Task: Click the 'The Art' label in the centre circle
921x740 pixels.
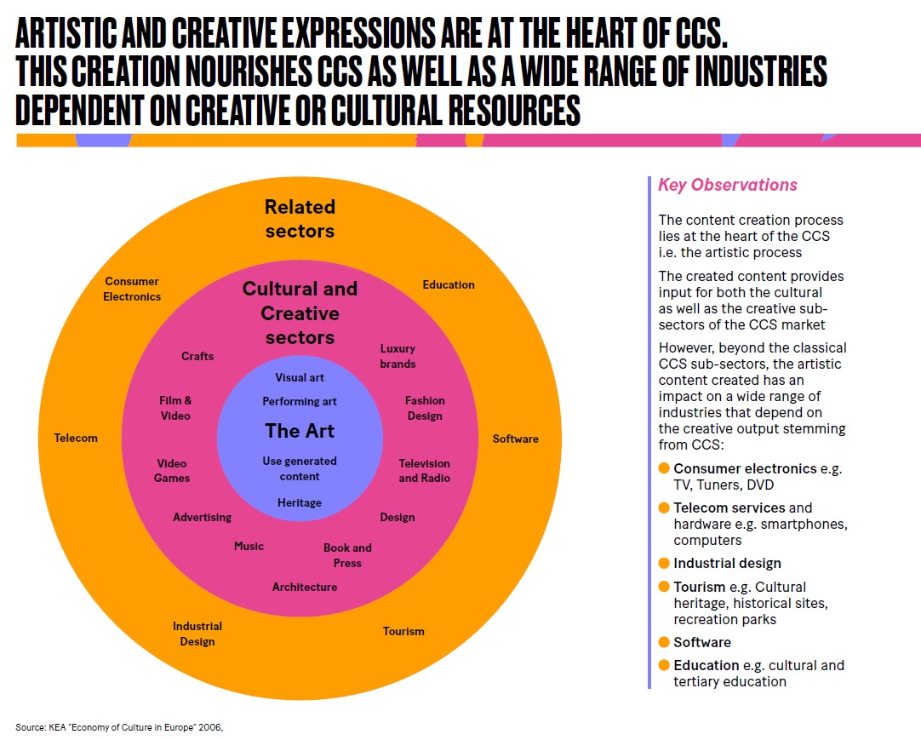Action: (300, 431)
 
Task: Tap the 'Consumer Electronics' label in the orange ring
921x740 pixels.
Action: (132, 289)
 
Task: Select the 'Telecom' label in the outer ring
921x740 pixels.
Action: (77, 438)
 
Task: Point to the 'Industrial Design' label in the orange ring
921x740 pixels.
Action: (197, 634)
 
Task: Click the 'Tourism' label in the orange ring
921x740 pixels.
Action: (403, 631)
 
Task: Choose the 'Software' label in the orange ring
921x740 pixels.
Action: (516, 439)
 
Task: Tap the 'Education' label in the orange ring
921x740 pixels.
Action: (449, 284)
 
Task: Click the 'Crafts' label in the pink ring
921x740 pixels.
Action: (197, 356)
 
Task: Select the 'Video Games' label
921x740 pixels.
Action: (172, 471)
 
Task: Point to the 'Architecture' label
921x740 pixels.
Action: (305, 587)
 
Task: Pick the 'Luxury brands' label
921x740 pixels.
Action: (398, 356)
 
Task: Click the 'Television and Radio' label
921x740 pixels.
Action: (425, 471)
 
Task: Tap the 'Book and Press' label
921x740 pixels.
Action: (347, 555)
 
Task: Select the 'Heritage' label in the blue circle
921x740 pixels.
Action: (300, 502)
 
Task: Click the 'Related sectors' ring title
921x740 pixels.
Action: (300, 219)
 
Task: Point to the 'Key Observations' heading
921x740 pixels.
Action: (728, 185)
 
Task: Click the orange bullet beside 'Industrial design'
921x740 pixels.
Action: (664, 563)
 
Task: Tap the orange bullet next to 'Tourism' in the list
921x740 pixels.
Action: (664, 587)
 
